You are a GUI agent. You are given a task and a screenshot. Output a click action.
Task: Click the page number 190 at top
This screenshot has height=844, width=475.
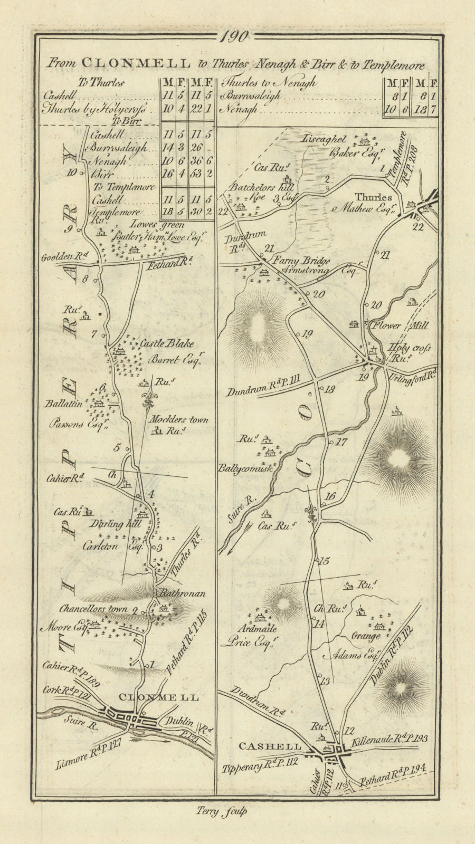pyautogui.click(x=237, y=36)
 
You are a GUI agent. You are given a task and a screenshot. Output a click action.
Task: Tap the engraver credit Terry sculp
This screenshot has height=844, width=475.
pyautogui.click(x=225, y=812)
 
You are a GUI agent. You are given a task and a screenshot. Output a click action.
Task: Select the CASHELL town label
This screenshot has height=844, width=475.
pyautogui.click(x=270, y=746)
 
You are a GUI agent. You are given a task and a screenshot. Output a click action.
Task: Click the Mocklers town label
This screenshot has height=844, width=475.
pyautogui.click(x=178, y=420)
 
